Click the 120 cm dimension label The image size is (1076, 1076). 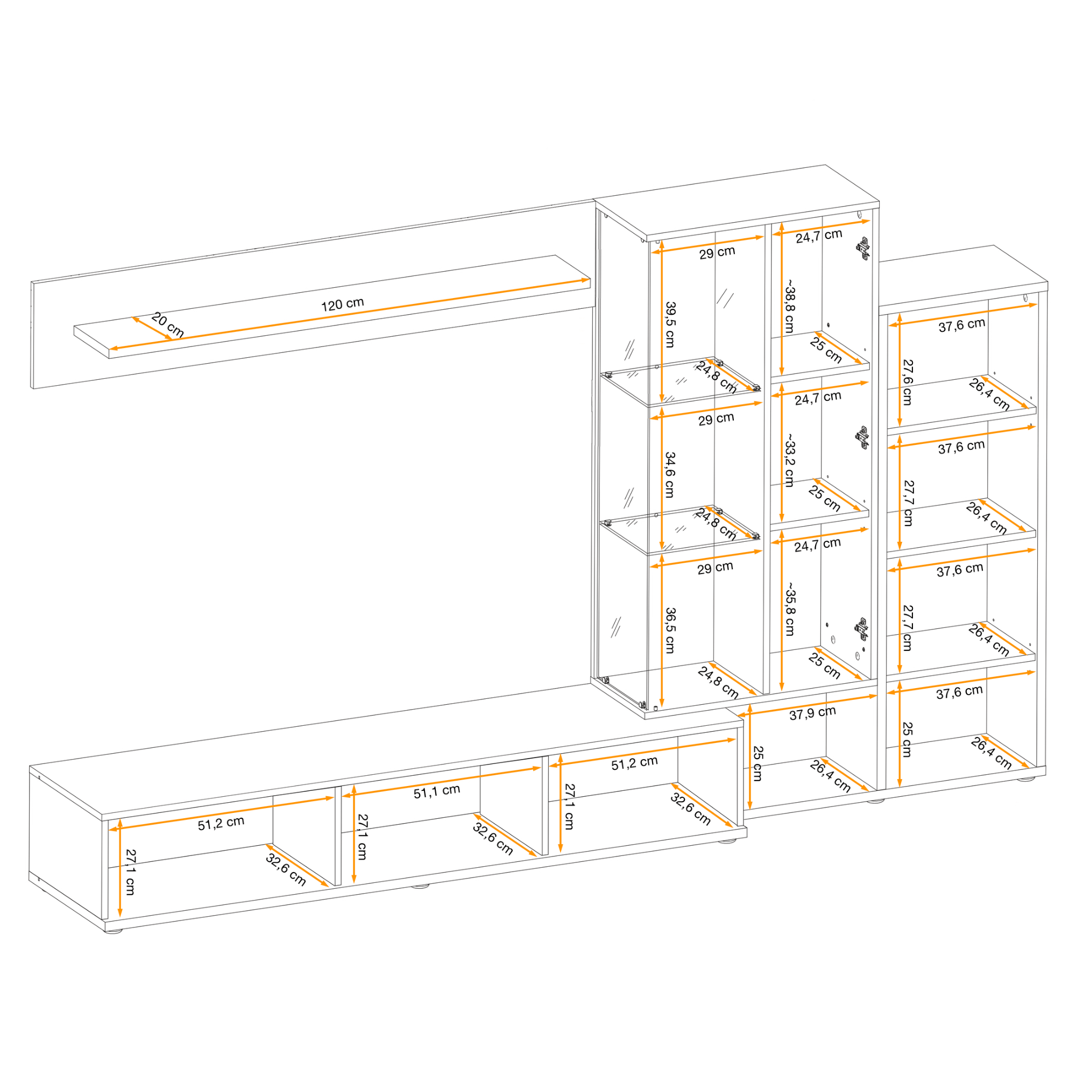[343, 304]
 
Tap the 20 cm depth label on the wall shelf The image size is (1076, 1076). [168, 325]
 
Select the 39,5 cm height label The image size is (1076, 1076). [670, 325]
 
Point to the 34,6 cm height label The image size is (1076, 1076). [670, 475]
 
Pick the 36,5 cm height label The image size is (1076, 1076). [670, 629]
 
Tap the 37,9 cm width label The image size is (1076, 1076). [812, 713]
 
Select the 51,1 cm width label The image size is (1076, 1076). [437, 791]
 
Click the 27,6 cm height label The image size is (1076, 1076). [908, 382]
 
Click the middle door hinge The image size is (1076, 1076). [861, 437]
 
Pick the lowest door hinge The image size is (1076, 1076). [861, 629]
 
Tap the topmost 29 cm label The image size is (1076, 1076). [717, 253]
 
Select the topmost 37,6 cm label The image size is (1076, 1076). [962, 325]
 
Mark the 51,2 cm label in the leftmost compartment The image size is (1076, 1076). [221, 823]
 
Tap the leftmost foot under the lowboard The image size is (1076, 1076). [113, 930]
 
